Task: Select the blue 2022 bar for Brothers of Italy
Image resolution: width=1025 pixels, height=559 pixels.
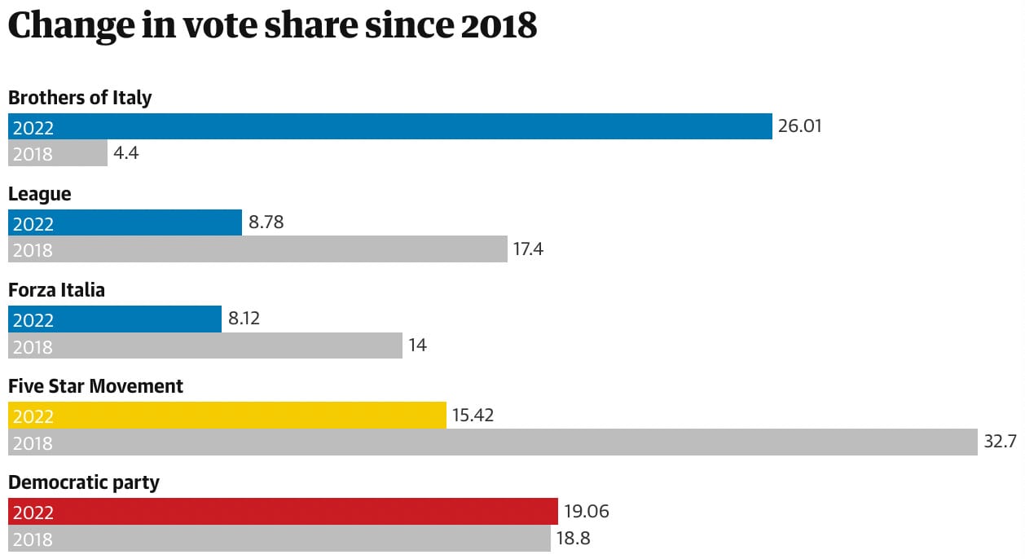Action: point(389,126)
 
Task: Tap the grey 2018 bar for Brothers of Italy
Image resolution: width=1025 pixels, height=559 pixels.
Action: point(58,153)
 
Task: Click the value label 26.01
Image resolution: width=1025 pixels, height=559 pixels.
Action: point(800,126)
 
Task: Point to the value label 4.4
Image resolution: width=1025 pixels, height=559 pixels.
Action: point(126,153)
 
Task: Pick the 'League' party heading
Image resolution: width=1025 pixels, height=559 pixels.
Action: point(39,194)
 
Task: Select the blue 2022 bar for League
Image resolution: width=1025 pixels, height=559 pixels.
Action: point(125,222)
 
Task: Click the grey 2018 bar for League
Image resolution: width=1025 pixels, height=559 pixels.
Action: point(257,249)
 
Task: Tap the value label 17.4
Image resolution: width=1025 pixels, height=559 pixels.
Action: point(528,249)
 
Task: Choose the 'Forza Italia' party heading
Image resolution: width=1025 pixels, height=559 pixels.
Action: point(56,290)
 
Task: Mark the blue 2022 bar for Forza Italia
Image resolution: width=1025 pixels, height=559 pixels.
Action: point(115,319)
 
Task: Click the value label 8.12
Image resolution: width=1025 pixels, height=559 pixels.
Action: point(244,319)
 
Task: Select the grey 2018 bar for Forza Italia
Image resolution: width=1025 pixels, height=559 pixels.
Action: point(205,346)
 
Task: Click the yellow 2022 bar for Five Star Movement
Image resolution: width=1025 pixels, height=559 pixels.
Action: point(227,415)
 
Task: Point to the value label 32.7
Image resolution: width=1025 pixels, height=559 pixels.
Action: point(1001,442)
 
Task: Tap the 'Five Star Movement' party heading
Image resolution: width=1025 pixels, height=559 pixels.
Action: point(95,386)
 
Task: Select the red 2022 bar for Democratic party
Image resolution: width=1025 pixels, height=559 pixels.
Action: point(283,511)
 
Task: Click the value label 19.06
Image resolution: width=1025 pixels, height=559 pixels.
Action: point(586,512)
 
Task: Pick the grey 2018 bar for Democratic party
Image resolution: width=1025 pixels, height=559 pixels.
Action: point(279,538)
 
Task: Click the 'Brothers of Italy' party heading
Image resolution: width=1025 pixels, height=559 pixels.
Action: point(80,98)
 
